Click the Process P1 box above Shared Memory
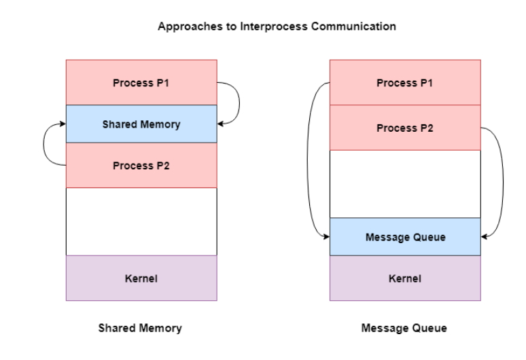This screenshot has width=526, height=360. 141,82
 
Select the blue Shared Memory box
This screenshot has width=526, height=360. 141,124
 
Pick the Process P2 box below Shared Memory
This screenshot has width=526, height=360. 141,165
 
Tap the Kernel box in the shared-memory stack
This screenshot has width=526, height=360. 141,278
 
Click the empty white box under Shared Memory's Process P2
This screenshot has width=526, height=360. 141,221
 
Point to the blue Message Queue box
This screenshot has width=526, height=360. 405,236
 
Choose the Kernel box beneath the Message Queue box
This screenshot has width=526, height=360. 405,278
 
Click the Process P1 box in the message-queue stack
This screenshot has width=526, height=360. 405,82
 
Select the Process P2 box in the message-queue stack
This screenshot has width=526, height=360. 405,128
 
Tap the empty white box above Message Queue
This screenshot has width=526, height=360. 405,183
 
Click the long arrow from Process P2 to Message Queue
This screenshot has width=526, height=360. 502,183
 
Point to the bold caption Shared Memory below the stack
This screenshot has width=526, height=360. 140,328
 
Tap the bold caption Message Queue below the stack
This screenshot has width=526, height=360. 406,328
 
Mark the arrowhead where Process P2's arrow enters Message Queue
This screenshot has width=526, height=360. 485,236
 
